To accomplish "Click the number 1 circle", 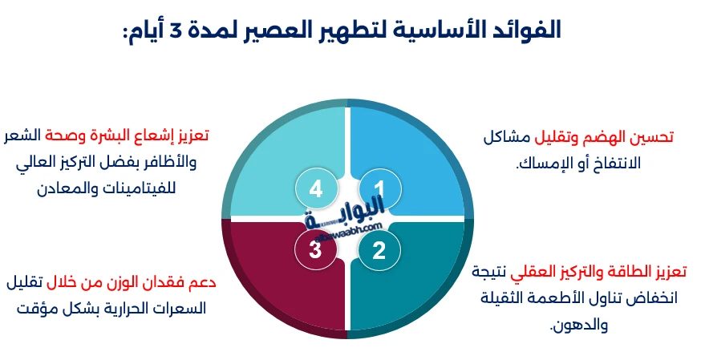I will point(379,189).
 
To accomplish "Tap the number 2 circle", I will point(379,250).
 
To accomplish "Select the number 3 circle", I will point(315,250).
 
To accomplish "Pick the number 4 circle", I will point(315,189).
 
